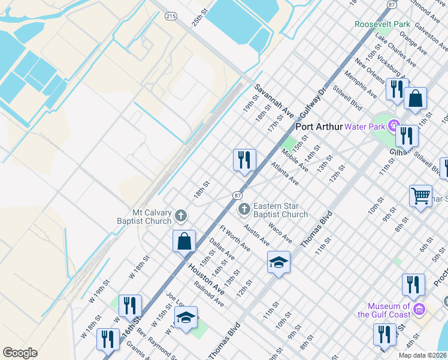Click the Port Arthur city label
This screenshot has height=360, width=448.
click(x=319, y=127)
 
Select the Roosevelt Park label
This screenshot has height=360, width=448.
click(x=382, y=25)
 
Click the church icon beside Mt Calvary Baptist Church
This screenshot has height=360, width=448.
click(x=181, y=215)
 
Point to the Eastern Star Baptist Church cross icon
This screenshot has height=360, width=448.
click(x=244, y=209)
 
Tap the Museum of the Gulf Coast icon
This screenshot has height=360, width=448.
click(x=419, y=310)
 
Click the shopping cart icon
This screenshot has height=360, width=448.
click(x=420, y=196)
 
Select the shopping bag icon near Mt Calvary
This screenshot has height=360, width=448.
click(x=184, y=241)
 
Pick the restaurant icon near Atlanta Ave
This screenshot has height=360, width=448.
click(x=244, y=160)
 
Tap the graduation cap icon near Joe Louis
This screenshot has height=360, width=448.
click(x=186, y=318)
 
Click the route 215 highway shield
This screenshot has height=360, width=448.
click(x=171, y=16)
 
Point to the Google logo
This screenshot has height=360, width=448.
click(x=20, y=353)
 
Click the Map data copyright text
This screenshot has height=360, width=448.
click(x=422, y=355)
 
